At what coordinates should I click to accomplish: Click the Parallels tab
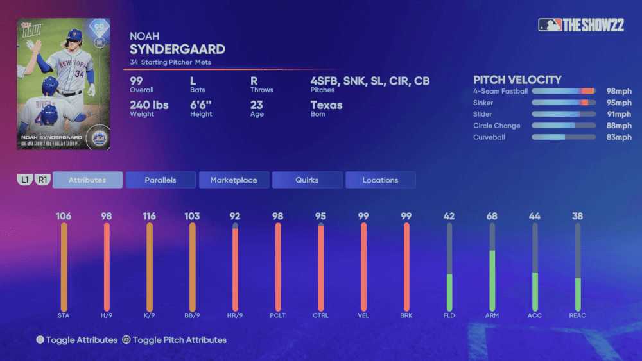160,180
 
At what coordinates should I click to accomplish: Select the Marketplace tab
234,180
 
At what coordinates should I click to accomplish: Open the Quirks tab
307,180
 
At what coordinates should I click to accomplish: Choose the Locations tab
380,180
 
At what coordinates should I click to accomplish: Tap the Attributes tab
87,180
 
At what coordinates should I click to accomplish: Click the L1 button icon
24,180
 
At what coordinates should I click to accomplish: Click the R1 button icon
42,180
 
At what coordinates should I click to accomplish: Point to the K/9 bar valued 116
150,266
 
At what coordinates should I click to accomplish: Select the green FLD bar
449,292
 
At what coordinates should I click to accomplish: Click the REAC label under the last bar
578,315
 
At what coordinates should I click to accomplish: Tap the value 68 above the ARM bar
492,216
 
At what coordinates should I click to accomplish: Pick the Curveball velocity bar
563,137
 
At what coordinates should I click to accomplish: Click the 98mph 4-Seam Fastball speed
619,92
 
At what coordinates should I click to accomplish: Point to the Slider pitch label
483,115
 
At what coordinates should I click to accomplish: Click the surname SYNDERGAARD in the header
177,49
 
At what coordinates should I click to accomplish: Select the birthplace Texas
326,105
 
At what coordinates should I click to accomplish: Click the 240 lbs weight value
149,105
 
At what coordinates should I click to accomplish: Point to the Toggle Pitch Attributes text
179,340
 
